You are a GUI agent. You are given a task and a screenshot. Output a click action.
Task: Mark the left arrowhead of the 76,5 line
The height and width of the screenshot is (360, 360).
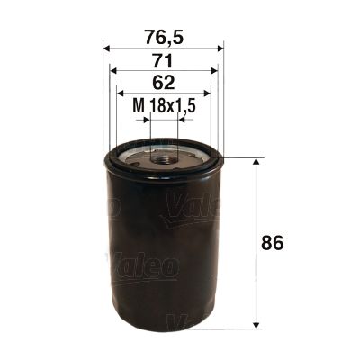(108, 48)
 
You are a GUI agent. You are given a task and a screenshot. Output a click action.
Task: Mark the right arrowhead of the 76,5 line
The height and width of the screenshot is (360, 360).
(220, 48)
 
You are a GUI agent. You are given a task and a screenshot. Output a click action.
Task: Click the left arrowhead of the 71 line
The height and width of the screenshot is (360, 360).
(113, 70)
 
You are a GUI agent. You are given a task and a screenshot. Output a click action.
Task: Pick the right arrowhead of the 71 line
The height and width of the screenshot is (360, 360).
(215, 70)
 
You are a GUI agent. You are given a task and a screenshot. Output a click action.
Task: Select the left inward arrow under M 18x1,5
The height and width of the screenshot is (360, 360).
(146, 118)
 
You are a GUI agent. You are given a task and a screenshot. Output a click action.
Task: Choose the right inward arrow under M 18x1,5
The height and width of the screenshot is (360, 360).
(182, 118)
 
